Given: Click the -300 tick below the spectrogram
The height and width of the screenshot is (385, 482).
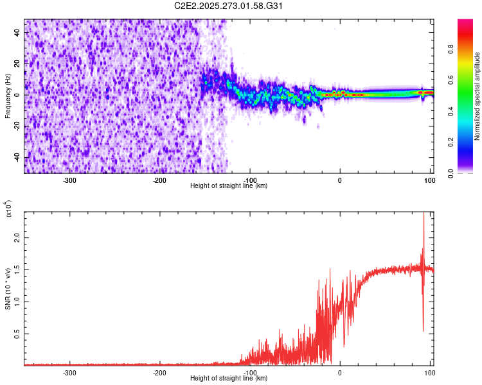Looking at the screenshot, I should [x=70, y=180].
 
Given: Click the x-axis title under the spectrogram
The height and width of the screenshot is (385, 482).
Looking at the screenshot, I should [x=229, y=186].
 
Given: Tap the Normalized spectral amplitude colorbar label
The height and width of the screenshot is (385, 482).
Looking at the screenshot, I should [x=478, y=96].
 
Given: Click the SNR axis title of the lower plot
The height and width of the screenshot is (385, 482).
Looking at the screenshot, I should [x=8, y=289].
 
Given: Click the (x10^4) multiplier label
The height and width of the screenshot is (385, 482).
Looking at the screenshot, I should [x=8, y=209].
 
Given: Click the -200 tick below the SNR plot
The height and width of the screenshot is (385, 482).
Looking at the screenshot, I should [x=160, y=372].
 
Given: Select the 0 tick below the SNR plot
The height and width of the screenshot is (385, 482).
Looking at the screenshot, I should [x=340, y=372].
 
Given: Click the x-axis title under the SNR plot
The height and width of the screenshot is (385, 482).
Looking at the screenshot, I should [x=229, y=379].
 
